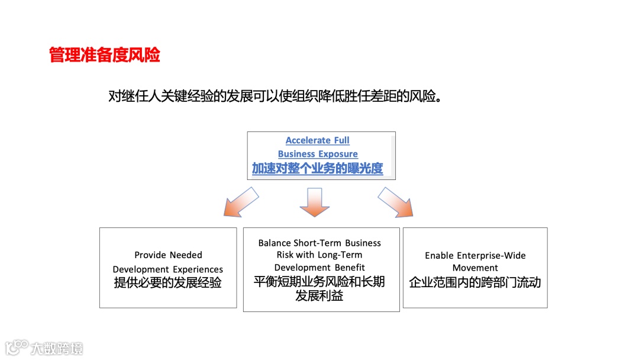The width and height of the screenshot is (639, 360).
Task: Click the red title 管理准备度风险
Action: pos(105,55)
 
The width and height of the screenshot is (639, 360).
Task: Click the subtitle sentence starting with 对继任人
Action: pos(275,96)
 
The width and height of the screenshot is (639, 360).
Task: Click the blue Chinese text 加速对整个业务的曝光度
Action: pos(317,169)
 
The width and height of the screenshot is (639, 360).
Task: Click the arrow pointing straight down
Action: pos(314,202)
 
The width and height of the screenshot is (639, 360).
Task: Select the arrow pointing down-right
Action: pos(395,201)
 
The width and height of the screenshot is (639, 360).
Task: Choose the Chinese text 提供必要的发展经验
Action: pos(168,283)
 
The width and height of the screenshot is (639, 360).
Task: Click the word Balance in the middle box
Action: pos(275,243)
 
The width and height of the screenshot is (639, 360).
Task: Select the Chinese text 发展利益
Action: pos(319,295)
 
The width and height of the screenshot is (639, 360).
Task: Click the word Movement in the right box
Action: pos(475,268)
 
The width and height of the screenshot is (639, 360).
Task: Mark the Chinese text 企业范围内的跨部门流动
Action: pos(475,282)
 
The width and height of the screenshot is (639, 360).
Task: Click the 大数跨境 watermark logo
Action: pos(44,348)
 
